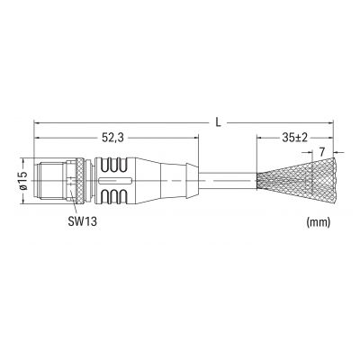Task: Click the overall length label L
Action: [219, 121]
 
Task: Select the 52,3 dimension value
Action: [112, 138]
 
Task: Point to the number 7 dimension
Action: [321, 152]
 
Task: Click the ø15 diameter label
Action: [24, 180]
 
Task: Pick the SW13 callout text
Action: [82, 221]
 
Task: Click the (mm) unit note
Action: [319, 222]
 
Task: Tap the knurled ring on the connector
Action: [80, 181]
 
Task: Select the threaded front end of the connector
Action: [49, 181]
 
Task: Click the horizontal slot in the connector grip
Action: [115, 181]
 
